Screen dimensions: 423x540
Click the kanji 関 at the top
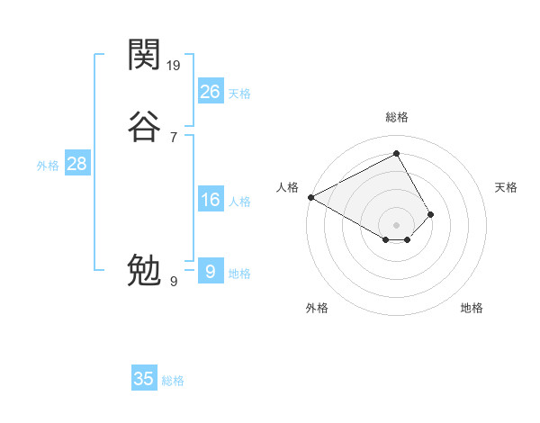(144, 57)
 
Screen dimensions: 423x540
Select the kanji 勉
(144, 269)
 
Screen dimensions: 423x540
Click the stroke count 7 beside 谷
(174, 137)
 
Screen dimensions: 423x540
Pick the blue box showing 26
(210, 92)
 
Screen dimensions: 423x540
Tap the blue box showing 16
(210, 200)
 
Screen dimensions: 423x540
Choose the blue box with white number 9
(210, 271)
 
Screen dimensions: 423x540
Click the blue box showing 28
(76, 164)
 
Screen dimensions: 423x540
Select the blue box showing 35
(144, 379)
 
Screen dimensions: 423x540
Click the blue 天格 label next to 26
(239, 94)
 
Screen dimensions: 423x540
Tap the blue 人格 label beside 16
(239, 202)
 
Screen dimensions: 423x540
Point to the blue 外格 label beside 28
(48, 166)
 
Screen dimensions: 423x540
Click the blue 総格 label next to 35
(173, 381)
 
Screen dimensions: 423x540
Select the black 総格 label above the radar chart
(396, 117)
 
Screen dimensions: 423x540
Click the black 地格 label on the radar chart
(472, 308)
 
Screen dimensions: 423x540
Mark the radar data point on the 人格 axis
(310, 197)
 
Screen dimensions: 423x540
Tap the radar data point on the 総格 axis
(396, 153)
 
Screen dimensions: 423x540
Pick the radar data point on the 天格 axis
(431, 214)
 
